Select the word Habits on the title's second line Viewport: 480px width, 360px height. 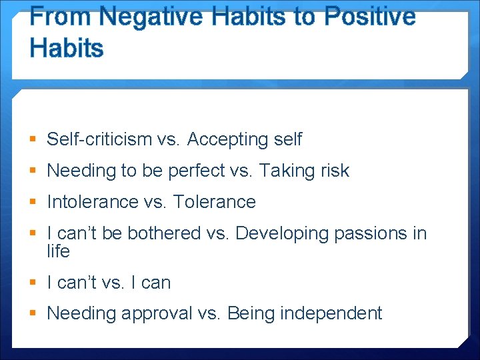(x=67, y=48)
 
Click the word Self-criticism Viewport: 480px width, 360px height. (x=99, y=139)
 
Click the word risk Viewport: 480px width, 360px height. (x=334, y=171)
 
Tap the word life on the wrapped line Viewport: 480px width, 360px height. (x=58, y=251)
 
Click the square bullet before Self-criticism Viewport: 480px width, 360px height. (x=33, y=140)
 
